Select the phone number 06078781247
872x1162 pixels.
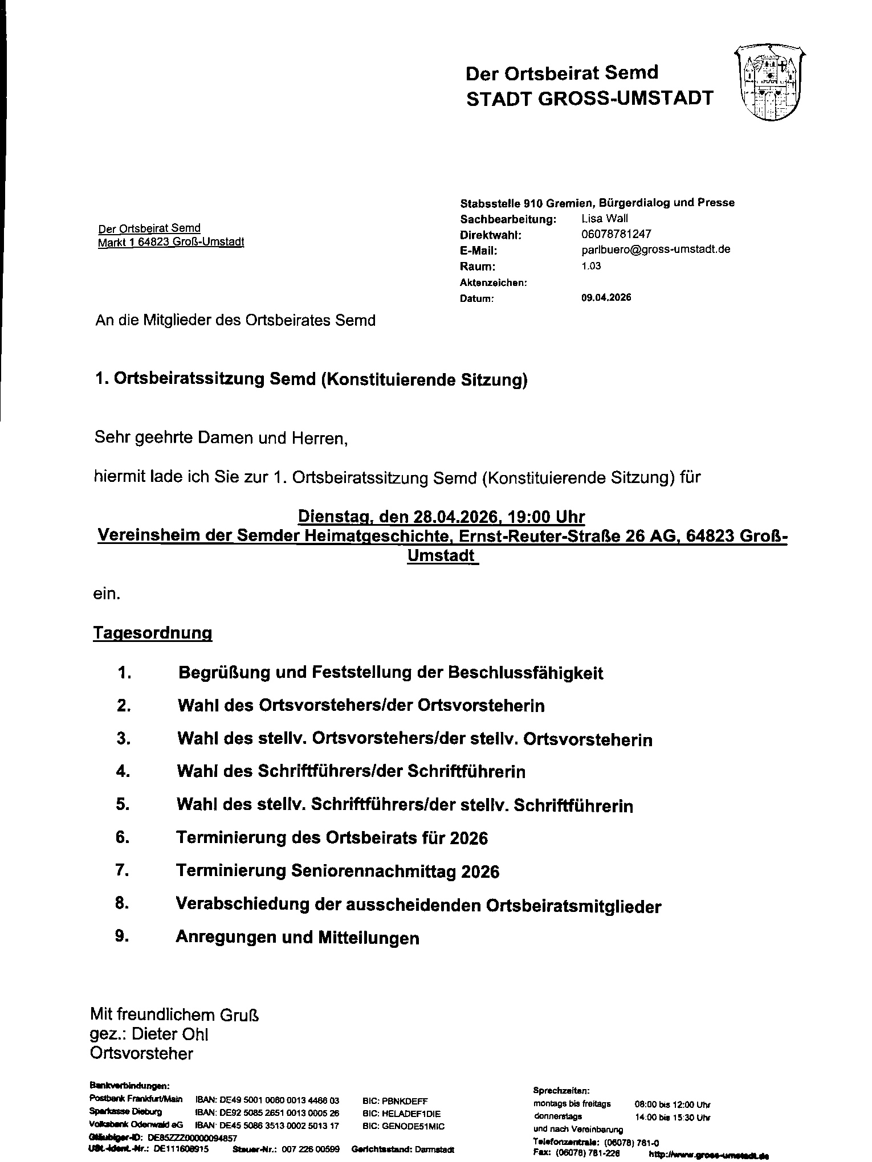[616, 234]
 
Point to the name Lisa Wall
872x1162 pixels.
[605, 219]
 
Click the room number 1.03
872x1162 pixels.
[591, 266]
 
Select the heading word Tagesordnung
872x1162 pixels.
[153, 633]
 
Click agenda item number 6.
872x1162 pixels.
[123, 837]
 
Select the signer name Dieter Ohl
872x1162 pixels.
[178, 1034]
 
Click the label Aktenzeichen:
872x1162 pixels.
[493, 283]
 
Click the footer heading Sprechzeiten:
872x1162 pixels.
[561, 1090]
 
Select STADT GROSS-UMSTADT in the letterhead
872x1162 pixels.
[589, 99]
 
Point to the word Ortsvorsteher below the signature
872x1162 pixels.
[142, 1054]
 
